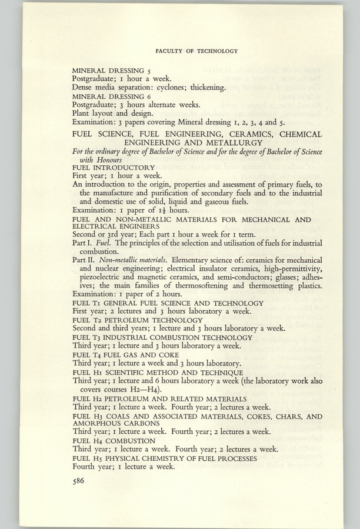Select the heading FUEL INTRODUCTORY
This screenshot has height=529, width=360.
click(113, 168)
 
